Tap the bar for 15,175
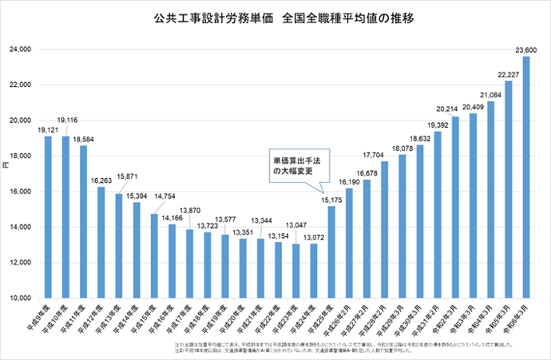pyautogui.click(x=331, y=252)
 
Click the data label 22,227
pyautogui.click(x=508, y=74)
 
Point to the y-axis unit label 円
pyautogui.click(x=6, y=164)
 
